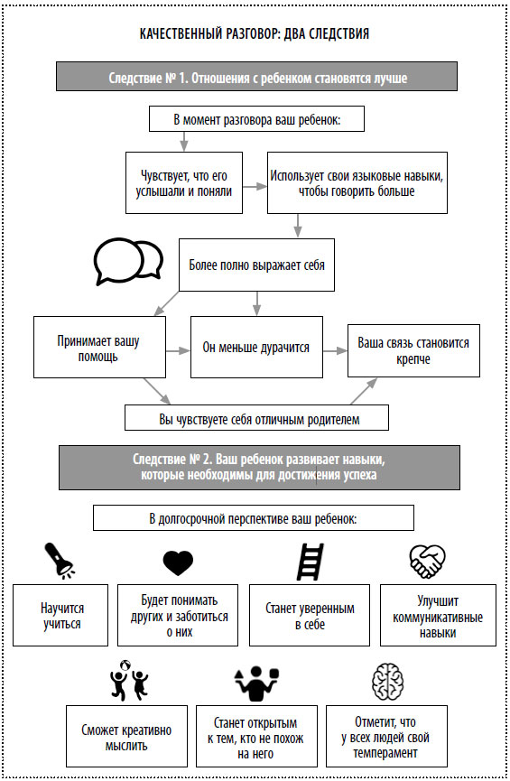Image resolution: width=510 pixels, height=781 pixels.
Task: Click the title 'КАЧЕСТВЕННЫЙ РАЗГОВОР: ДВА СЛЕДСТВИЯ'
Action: click(x=255, y=34)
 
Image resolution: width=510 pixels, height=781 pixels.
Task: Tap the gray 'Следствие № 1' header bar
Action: click(x=256, y=76)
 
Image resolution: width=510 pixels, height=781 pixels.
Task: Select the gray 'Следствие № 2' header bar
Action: click(x=259, y=467)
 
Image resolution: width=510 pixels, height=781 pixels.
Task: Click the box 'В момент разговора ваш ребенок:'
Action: click(x=256, y=119)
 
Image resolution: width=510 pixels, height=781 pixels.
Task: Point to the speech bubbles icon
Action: click(x=128, y=262)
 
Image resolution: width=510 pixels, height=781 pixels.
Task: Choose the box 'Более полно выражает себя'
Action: click(x=256, y=265)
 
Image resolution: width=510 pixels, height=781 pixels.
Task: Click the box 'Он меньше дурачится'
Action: click(x=256, y=348)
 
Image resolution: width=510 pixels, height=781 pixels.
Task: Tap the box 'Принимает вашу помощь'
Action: click(x=99, y=348)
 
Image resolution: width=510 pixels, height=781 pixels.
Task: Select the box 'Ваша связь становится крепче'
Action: click(x=413, y=350)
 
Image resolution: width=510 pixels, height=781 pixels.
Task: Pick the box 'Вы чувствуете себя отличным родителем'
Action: click(x=256, y=418)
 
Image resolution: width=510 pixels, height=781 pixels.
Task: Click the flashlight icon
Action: click(x=60, y=561)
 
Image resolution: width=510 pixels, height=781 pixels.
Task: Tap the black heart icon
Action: click(x=178, y=563)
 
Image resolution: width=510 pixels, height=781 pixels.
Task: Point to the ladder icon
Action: click(x=310, y=562)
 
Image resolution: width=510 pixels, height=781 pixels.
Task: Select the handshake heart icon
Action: click(x=427, y=562)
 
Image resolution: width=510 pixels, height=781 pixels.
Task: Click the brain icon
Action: click(x=388, y=682)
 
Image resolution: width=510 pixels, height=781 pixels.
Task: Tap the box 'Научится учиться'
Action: click(x=60, y=615)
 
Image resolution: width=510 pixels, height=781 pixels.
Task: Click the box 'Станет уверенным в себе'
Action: click(x=310, y=615)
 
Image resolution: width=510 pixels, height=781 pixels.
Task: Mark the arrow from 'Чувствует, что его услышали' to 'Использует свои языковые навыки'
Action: click(x=255, y=186)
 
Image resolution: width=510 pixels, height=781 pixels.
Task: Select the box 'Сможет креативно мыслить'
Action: click(x=127, y=736)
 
